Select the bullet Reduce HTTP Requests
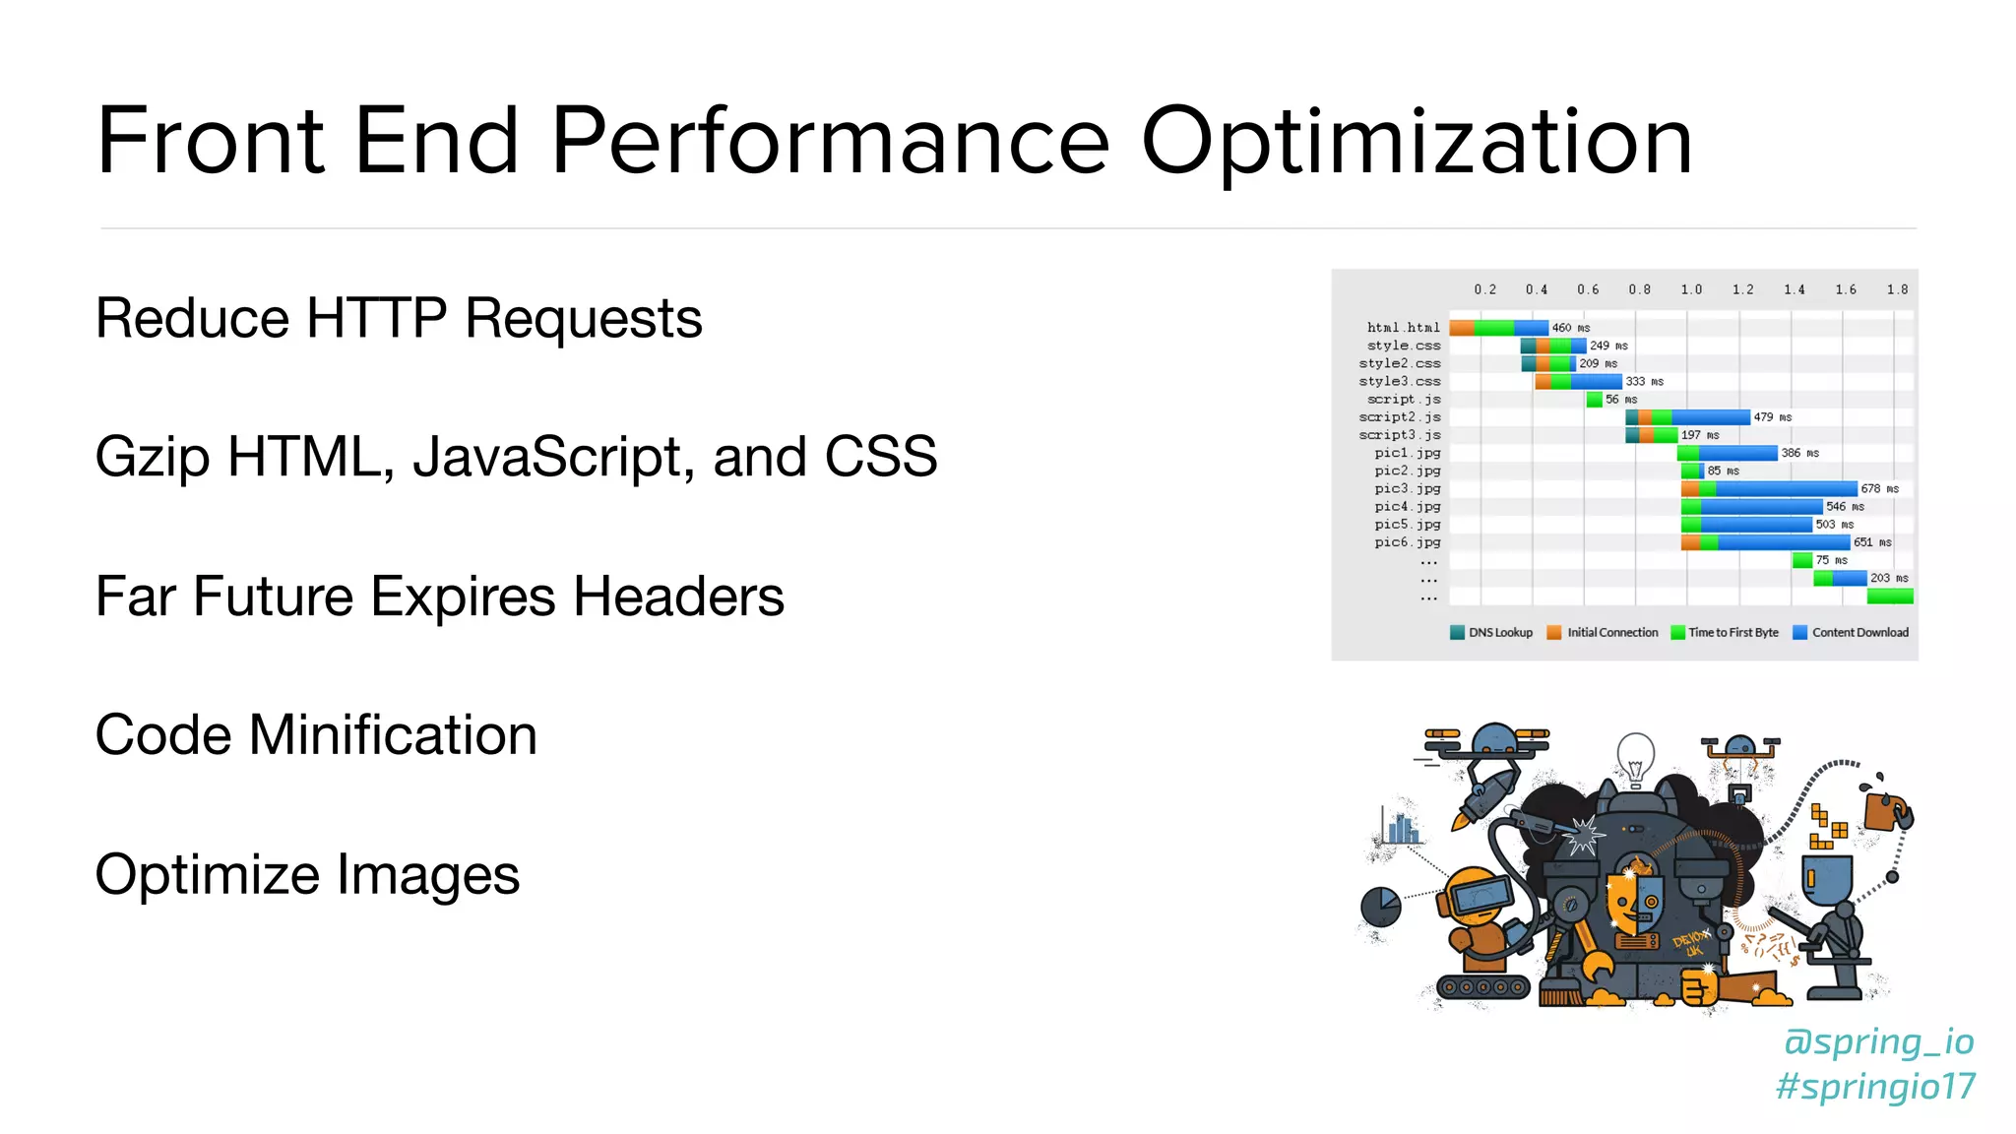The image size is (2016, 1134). (x=399, y=318)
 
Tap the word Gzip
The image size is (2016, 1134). (x=152, y=459)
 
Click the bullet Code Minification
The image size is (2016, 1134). (x=316, y=735)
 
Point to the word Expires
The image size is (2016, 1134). (x=463, y=598)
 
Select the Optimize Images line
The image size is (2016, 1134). (x=307, y=875)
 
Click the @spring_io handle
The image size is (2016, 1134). (x=1878, y=1041)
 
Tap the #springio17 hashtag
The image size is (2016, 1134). (x=1875, y=1087)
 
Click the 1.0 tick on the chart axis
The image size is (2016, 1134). (x=1691, y=289)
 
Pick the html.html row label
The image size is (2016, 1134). (x=1403, y=328)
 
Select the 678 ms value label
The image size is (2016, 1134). (x=1879, y=489)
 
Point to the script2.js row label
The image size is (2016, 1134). (x=1399, y=417)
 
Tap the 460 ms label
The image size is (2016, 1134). (x=1570, y=328)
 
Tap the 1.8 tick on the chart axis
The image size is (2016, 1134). (x=1897, y=289)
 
